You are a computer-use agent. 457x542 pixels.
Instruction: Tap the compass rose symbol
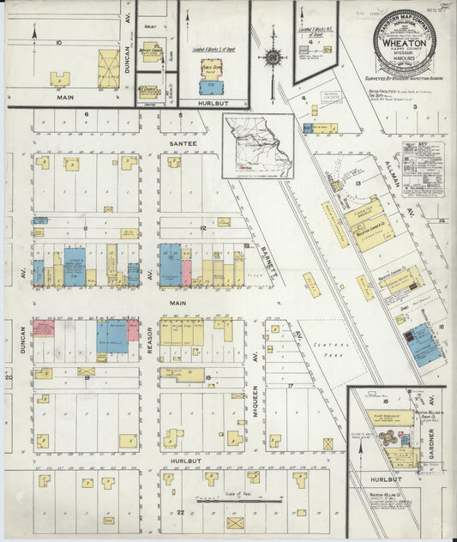pos(273,57)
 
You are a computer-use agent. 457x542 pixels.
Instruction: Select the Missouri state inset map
pos(257,147)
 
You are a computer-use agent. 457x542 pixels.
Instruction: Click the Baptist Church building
pos(151,52)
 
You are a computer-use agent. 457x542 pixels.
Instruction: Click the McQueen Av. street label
pos(256,421)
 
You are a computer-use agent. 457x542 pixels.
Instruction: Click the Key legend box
pos(423,169)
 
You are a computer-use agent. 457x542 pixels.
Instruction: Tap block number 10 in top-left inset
pos(59,41)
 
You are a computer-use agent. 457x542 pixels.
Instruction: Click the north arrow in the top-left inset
pos(35,32)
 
